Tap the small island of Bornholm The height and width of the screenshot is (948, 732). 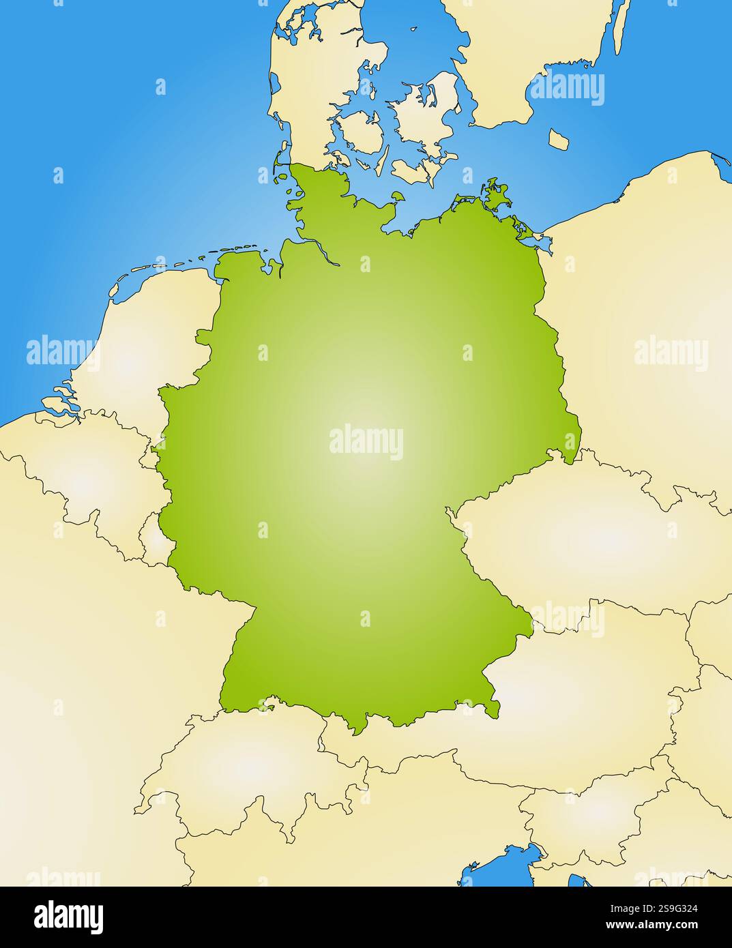click(x=560, y=140)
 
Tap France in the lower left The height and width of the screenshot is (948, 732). click(x=82, y=682)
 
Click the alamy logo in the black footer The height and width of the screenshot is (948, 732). click(x=68, y=917)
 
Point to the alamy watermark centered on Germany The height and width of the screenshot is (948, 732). click(x=366, y=441)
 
